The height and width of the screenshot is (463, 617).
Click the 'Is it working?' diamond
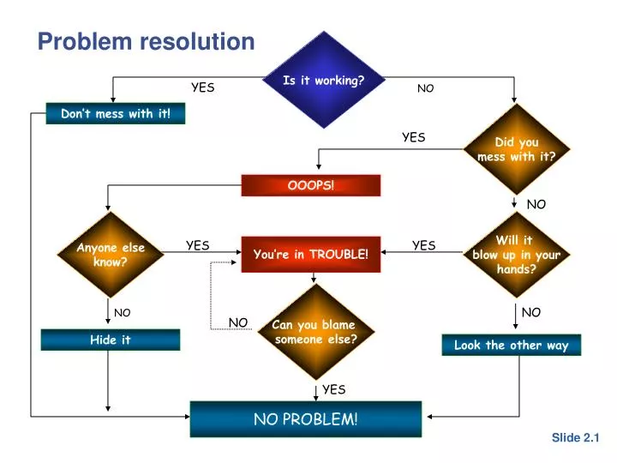coord(323,80)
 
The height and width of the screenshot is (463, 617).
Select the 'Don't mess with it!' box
coord(115,113)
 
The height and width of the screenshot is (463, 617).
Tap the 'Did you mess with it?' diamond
coord(516,149)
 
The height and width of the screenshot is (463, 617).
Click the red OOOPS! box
coord(310,185)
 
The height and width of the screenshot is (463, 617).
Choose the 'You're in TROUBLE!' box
coord(310,254)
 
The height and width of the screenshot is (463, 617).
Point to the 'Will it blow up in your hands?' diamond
coord(516,255)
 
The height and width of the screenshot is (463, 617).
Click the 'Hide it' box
coord(111,340)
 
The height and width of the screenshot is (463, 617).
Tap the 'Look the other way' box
coord(511,345)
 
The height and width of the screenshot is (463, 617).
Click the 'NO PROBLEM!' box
coord(305,418)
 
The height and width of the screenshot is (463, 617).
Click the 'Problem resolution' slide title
coord(146,41)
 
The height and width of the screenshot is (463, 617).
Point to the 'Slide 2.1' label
coord(575,437)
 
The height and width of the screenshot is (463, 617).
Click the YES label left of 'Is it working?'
coord(202,87)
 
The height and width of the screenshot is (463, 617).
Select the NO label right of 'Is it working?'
coord(425,88)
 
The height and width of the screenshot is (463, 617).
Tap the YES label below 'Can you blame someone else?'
coord(333,389)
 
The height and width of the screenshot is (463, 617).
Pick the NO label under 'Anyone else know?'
coord(122,313)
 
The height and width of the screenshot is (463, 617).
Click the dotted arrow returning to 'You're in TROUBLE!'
coord(212,292)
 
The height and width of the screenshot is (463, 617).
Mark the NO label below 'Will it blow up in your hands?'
coord(531,313)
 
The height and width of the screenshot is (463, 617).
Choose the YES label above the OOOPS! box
coord(413,137)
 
